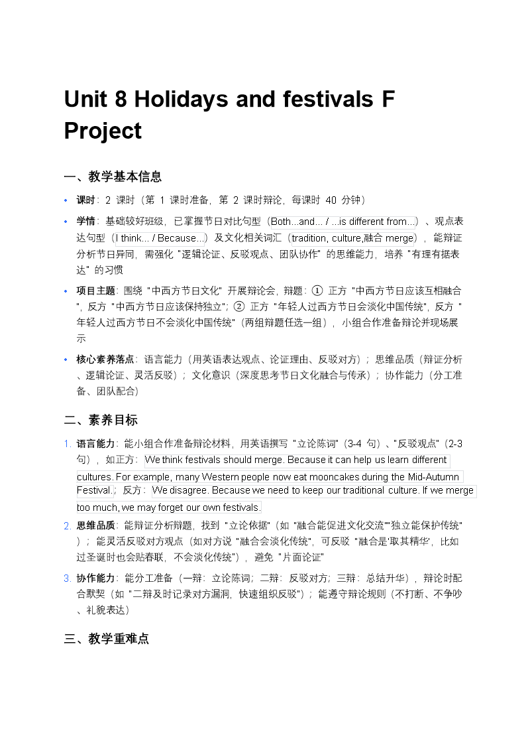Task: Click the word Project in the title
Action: coord(103,131)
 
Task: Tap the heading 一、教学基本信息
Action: coord(113,176)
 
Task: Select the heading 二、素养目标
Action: coord(101,420)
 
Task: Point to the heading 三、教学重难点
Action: coord(107,638)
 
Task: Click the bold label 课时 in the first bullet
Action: coord(86,200)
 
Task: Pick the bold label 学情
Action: coord(86,222)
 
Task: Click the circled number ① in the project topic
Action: coord(317,291)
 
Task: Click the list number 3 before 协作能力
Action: coord(68,578)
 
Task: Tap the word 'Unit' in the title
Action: coord(85,100)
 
